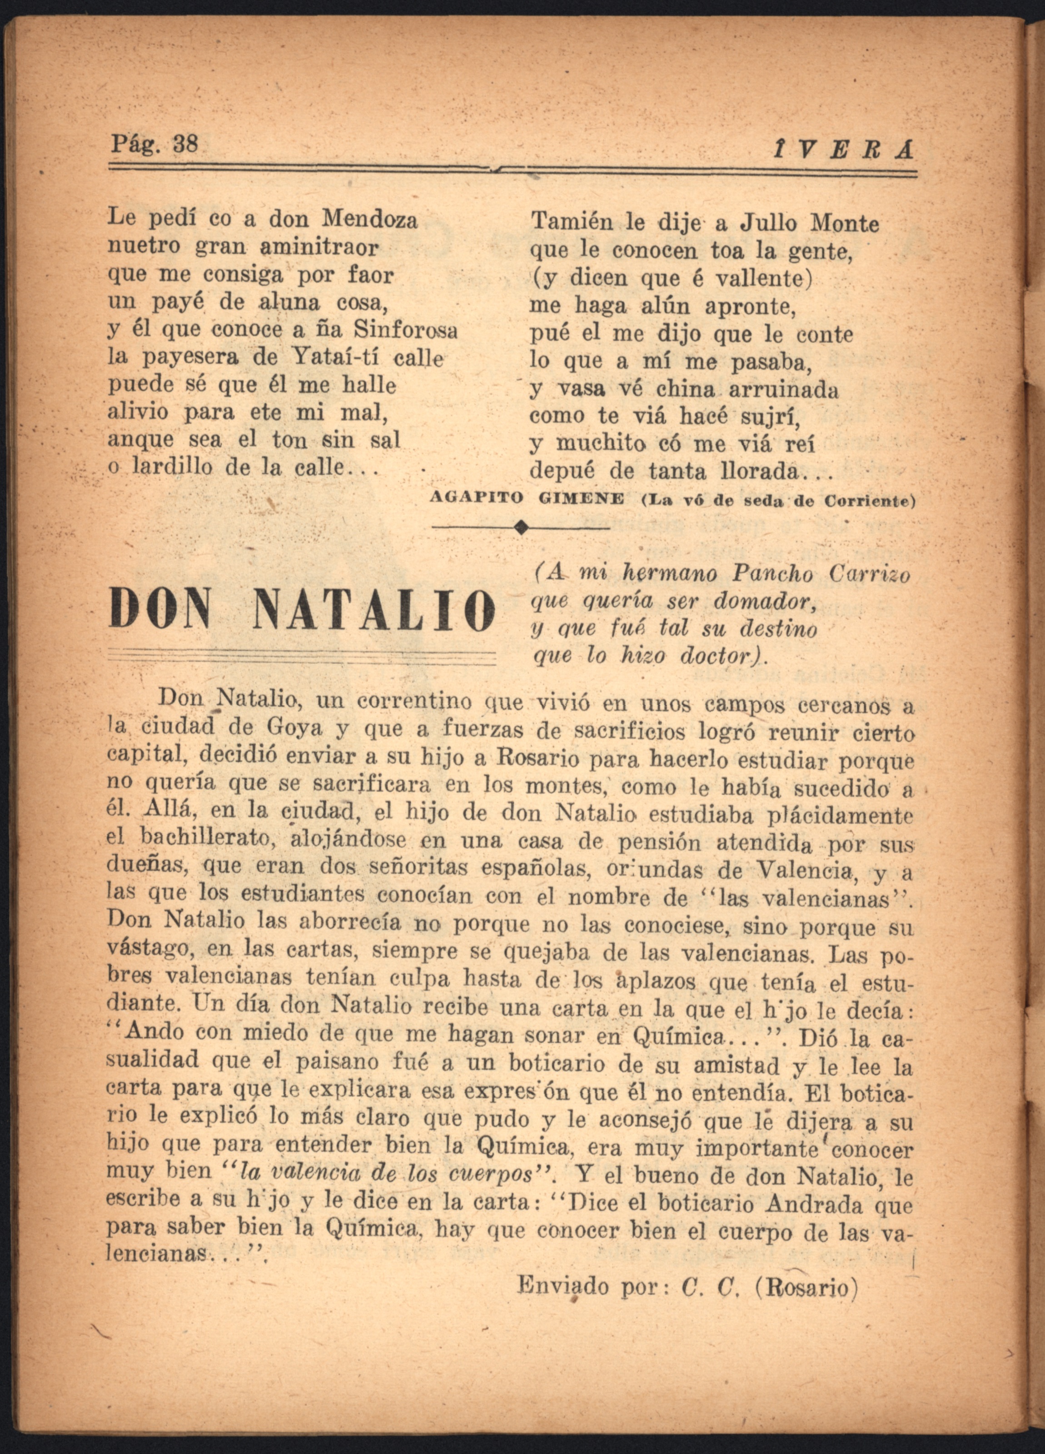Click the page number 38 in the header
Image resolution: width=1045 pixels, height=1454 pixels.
pyautogui.click(x=186, y=143)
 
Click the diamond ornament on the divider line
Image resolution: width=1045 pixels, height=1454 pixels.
pyautogui.click(x=521, y=528)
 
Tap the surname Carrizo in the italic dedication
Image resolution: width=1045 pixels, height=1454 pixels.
pyautogui.click(x=869, y=574)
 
